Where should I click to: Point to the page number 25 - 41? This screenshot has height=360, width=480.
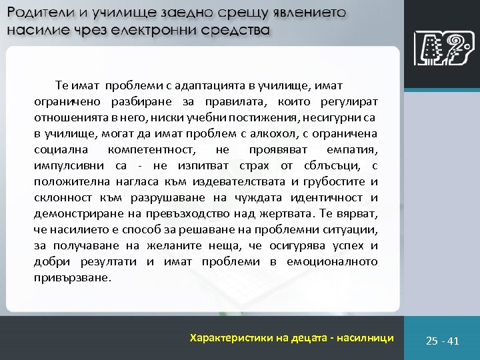coord(443,341)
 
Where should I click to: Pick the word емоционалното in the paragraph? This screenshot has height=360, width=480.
coord(331,261)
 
